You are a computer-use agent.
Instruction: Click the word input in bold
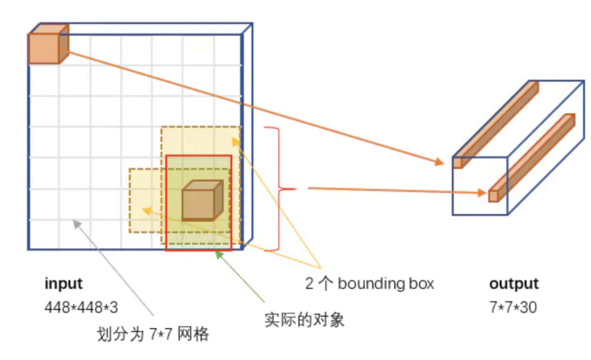pyautogui.click(x=64, y=284)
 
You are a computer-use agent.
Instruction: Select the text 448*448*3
pyautogui.click(x=81, y=308)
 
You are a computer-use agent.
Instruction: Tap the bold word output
pyautogui.click(x=514, y=284)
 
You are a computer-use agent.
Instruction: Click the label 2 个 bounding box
pyautogui.click(x=369, y=284)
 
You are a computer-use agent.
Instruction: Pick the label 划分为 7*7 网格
pyautogui.click(x=154, y=334)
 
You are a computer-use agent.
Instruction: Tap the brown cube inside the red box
pyautogui.click(x=201, y=202)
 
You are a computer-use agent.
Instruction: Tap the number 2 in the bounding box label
pyautogui.click(x=309, y=284)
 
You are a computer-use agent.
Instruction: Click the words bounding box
pyautogui.click(x=386, y=284)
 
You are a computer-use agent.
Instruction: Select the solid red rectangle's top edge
pyautogui.click(x=199, y=156)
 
